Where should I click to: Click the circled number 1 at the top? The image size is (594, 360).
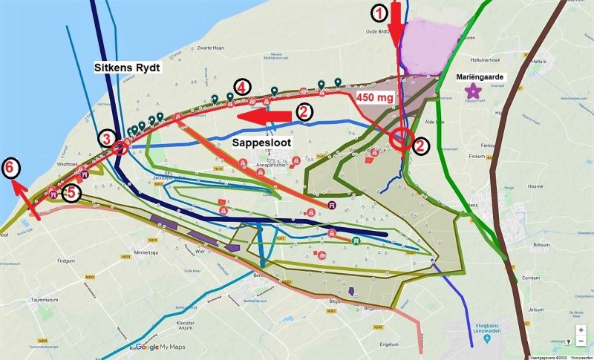tap(379, 12)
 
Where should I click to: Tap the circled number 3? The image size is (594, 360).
tap(108, 139)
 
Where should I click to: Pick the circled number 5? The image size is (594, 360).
tap(71, 192)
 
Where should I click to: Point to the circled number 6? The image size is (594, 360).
tap(10, 167)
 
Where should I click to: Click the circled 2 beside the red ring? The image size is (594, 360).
tap(420, 145)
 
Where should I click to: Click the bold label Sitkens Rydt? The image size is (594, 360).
tap(127, 67)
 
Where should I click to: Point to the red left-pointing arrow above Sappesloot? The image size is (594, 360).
tap(264, 115)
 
